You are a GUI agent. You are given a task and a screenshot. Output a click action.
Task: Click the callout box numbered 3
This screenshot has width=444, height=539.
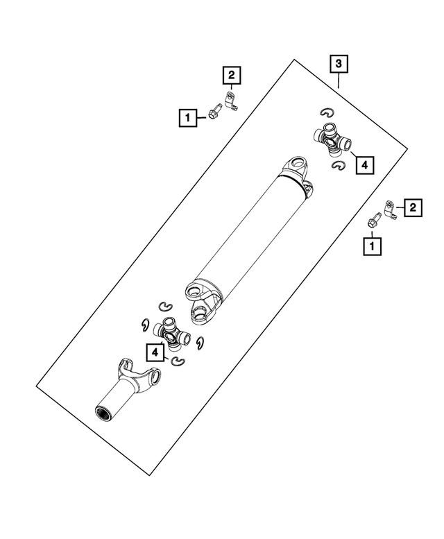point(338,65)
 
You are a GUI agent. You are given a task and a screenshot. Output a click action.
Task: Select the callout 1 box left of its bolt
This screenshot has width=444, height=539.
point(187,117)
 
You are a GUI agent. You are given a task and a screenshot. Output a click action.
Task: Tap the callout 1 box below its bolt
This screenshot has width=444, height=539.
point(373,245)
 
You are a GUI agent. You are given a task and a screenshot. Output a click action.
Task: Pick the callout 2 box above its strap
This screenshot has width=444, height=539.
point(231,74)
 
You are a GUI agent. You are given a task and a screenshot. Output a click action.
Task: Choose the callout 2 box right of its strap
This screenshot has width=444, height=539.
point(412,207)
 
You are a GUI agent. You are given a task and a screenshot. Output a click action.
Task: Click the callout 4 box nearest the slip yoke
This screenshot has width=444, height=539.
point(155,353)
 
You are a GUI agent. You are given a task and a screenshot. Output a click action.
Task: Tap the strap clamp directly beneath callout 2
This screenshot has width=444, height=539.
point(232,101)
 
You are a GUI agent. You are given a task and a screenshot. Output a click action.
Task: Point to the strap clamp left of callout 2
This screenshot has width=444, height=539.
point(390,209)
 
